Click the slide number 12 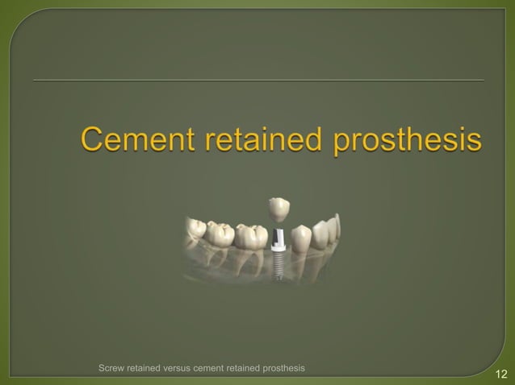coord(500,373)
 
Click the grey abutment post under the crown coord(277,235)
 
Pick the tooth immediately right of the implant coord(299,238)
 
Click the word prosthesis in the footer coord(283,368)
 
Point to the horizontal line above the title coord(258,81)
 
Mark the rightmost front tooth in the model coord(333,228)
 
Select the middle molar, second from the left coord(221,234)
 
